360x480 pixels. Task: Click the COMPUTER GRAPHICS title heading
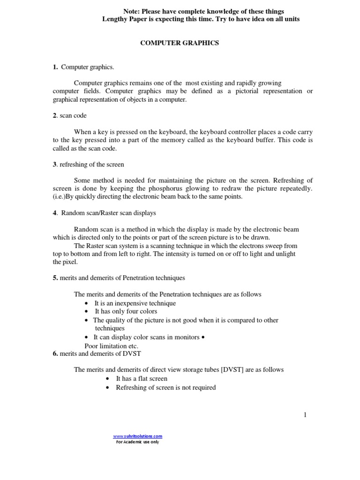(x=180, y=43)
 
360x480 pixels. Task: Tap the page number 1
(x=305, y=414)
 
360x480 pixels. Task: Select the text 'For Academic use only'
(x=137, y=442)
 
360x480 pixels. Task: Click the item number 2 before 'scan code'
(x=54, y=115)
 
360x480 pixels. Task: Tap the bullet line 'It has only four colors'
(x=126, y=311)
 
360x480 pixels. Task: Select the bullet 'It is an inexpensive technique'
(x=135, y=303)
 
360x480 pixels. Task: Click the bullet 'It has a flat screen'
(x=142, y=379)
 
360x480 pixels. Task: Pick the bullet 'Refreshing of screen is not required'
(x=166, y=388)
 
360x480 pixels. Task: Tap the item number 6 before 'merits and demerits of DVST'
(x=55, y=354)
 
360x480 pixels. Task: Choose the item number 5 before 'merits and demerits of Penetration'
(x=55, y=278)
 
